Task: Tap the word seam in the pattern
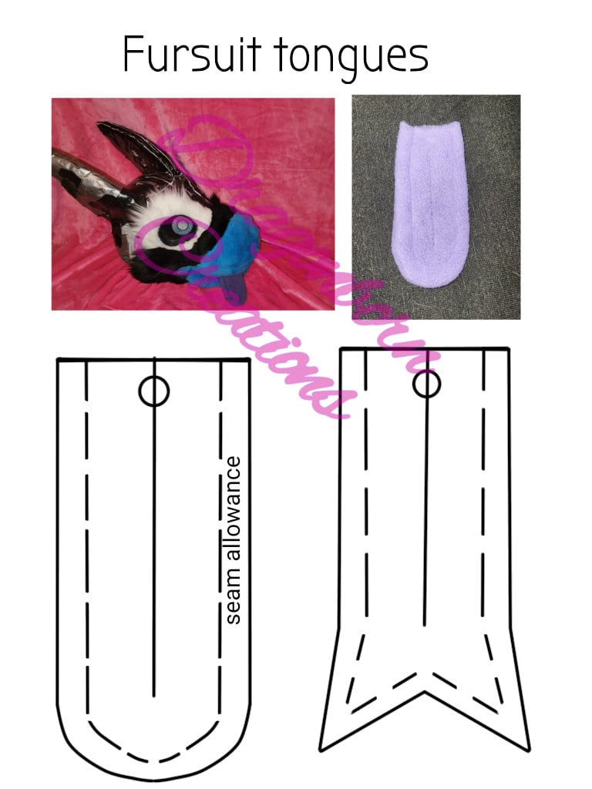234,603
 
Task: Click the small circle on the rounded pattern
154,392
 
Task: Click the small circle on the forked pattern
426,383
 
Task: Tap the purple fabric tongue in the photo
435,208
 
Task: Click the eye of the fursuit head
180,227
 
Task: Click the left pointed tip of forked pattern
321,747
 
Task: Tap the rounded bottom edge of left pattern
154,777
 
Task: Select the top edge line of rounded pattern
154,359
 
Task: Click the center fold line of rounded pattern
154,539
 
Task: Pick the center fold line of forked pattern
426,524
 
